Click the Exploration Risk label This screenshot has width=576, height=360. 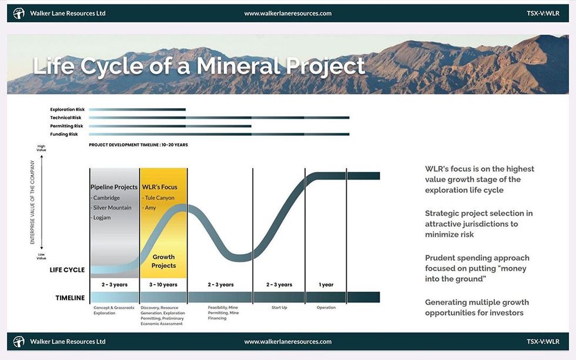(67, 109)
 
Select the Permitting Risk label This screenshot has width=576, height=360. (66, 126)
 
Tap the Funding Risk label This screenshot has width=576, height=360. (65, 134)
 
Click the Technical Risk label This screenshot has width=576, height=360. (65, 117)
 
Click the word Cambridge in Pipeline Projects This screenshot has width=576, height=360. (106, 198)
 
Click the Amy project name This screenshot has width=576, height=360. (150, 208)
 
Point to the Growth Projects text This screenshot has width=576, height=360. (163, 261)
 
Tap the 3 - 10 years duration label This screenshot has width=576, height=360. (163, 285)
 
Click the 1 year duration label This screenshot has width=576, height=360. (326, 285)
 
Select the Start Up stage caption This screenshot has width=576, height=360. (279, 307)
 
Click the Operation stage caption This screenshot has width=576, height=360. (326, 307)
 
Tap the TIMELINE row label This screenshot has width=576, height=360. (70, 298)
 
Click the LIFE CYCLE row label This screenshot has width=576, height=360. (67, 270)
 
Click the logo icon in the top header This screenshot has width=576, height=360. (19, 13)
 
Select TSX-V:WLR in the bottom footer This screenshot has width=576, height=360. (543, 341)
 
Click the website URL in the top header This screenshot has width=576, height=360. (287, 13)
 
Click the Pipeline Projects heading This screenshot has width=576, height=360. (114, 187)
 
